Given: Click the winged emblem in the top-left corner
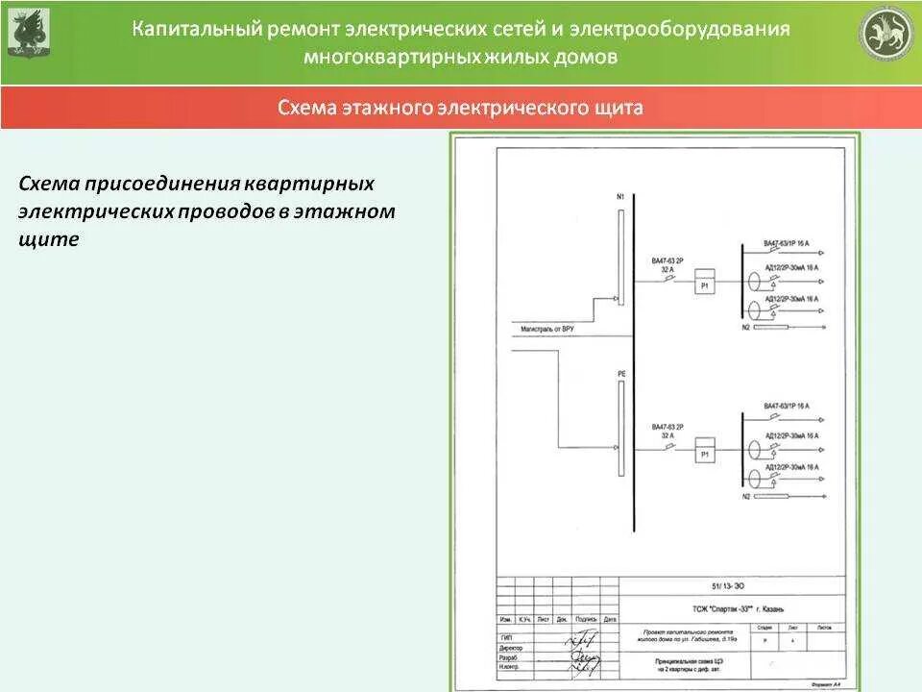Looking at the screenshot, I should tap(29, 34).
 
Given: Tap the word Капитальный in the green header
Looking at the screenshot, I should tap(196, 30).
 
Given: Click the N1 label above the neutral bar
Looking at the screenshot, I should tap(620, 197).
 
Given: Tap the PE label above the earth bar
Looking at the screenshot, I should tap(620, 372).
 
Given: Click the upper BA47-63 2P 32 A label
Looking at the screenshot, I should tap(667, 266).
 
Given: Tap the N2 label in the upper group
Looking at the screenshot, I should tap(745, 329).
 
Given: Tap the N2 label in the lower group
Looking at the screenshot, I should tap(745, 497).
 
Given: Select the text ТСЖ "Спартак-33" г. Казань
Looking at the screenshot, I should tap(730, 608).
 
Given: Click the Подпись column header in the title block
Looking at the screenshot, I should tap(586, 620).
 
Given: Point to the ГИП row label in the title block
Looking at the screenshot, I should tap(506, 637).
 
